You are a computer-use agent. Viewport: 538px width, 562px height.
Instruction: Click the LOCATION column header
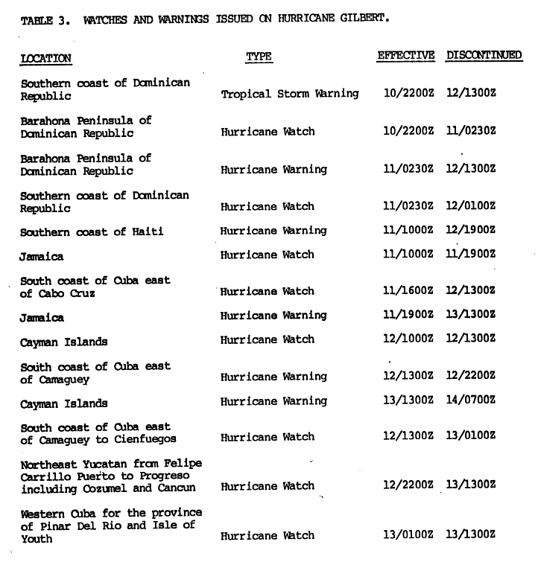point(45,58)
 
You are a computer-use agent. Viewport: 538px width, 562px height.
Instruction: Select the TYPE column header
point(259,57)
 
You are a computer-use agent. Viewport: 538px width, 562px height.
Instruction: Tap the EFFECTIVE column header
point(406,55)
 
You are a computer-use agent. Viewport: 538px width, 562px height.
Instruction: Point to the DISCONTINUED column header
point(484,55)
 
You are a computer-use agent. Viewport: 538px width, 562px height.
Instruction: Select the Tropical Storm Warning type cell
point(290,94)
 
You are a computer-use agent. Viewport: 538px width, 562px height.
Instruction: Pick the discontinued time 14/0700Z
point(471,401)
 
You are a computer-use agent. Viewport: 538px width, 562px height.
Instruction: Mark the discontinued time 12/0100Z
point(471,205)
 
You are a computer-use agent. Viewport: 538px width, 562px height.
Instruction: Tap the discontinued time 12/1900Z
point(471,231)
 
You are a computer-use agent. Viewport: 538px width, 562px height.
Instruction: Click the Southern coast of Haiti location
point(92,231)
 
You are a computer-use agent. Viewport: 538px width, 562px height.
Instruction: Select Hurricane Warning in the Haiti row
point(273,231)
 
